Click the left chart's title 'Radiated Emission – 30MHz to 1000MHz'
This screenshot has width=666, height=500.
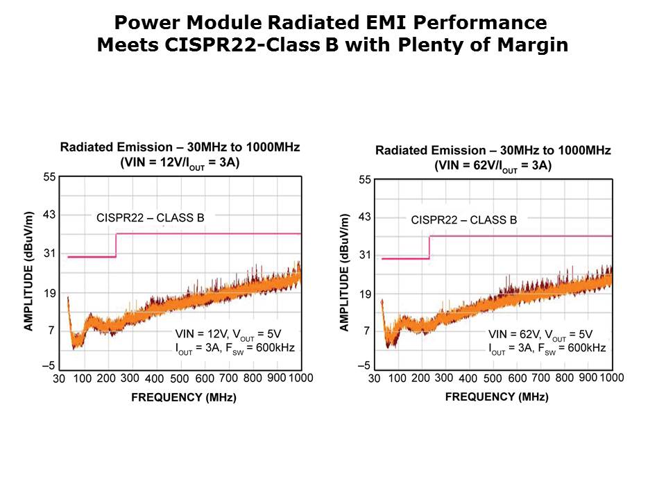(x=180, y=147)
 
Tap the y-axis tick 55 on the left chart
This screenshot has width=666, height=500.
(x=49, y=177)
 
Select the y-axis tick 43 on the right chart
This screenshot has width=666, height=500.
(x=364, y=217)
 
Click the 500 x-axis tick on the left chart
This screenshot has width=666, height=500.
(x=179, y=379)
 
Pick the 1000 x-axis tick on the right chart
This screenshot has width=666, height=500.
(x=611, y=377)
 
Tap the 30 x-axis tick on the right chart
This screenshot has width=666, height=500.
(x=375, y=379)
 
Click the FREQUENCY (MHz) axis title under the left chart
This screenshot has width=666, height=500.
(x=183, y=398)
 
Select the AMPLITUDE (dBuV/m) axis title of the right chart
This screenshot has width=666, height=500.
(x=344, y=272)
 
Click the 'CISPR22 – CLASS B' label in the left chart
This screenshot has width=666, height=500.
(x=150, y=218)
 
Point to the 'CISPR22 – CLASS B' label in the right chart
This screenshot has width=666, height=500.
(x=463, y=220)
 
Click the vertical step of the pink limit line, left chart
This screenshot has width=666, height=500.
(x=116, y=245)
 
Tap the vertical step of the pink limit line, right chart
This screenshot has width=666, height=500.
(x=430, y=247)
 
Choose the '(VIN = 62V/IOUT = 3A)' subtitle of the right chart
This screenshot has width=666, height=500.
(x=493, y=166)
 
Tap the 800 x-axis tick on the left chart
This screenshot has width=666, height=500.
(x=253, y=378)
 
